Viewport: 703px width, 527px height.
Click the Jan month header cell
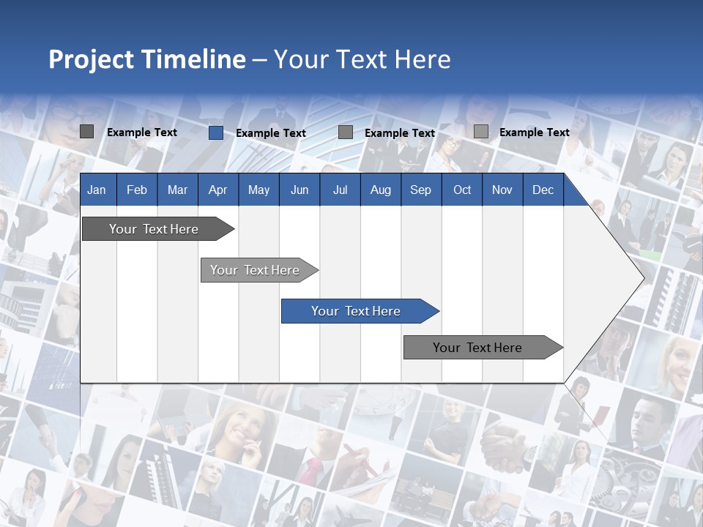(x=97, y=190)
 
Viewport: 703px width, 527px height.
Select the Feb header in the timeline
(x=137, y=190)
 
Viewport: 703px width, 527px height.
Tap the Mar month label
(x=177, y=190)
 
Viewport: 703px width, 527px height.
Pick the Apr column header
(x=218, y=190)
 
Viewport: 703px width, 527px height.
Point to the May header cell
(x=258, y=190)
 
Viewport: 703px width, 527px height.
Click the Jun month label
(x=300, y=190)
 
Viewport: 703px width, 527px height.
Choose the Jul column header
(x=340, y=190)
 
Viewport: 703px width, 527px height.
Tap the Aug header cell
(x=381, y=190)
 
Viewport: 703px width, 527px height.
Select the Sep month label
(x=421, y=190)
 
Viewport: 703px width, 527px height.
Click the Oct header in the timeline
(x=462, y=190)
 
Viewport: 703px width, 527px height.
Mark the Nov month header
(x=502, y=190)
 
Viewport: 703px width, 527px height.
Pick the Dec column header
(x=543, y=190)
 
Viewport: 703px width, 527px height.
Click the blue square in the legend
(x=215, y=132)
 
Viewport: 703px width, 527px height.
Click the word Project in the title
(x=93, y=59)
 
